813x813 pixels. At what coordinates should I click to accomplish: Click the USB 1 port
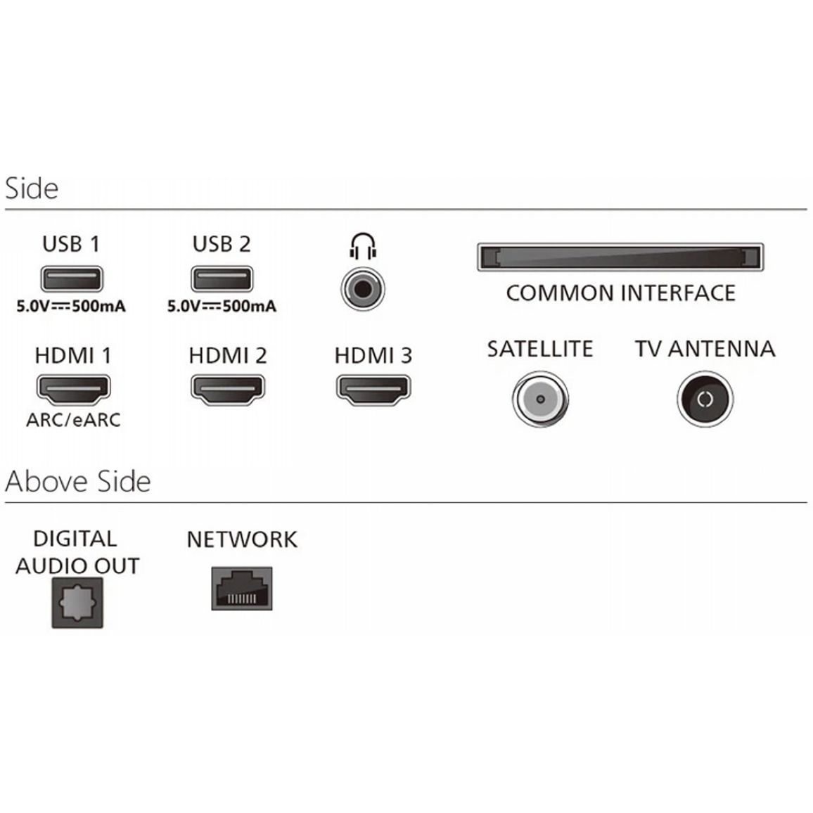coord(72,279)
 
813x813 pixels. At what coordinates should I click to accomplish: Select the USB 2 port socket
coord(222,279)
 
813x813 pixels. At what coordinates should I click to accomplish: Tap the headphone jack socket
coord(363,289)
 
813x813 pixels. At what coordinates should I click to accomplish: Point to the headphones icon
coord(363,246)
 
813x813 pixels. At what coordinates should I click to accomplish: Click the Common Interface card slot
coord(620,257)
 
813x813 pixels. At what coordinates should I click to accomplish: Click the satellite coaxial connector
coord(540,399)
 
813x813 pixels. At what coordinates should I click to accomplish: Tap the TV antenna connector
coord(705,399)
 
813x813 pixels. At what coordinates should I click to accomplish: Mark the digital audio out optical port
coord(77,603)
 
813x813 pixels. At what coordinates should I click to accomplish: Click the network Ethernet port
coord(242,589)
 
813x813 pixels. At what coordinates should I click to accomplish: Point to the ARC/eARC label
coord(73,419)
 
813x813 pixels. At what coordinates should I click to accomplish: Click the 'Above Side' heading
coord(78,481)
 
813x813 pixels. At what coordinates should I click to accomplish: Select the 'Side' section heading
coord(32,188)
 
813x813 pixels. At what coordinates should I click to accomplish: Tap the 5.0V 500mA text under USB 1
coord(71,306)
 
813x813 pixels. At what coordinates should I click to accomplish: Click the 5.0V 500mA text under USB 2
coord(222,306)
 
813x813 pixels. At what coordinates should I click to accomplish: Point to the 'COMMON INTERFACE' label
coord(620,293)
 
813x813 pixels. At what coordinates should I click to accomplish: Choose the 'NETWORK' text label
coord(242,539)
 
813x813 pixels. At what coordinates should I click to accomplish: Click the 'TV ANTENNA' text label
coord(705,348)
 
